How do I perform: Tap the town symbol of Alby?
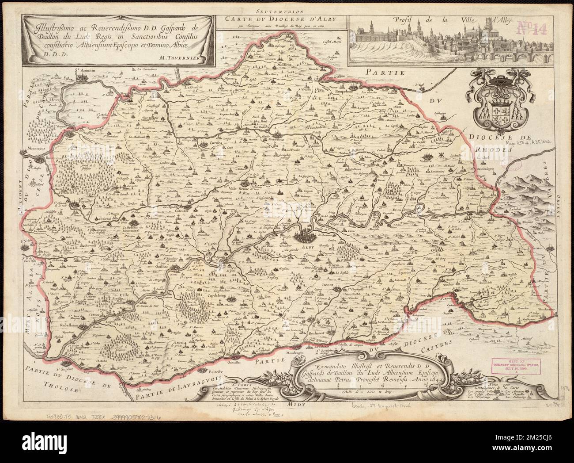305,234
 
